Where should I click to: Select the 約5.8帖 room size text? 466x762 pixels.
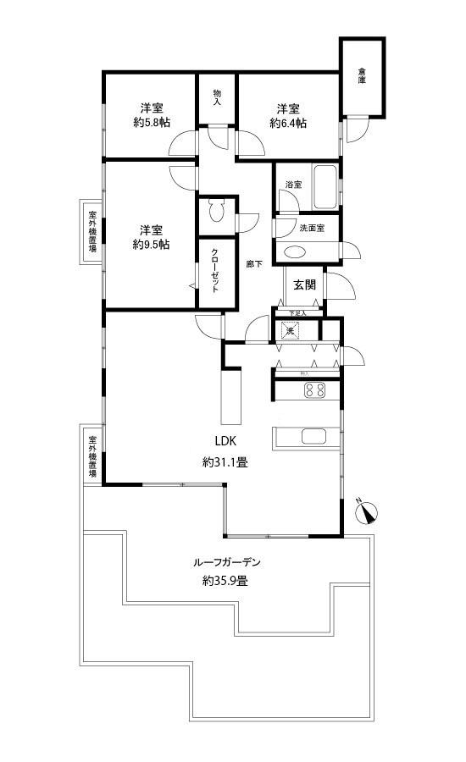[x=152, y=123]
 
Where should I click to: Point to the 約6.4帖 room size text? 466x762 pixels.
[x=288, y=123]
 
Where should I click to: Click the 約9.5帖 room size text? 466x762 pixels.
[x=152, y=245]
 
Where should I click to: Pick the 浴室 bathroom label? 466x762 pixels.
[x=293, y=185]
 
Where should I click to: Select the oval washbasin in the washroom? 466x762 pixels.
[x=297, y=251]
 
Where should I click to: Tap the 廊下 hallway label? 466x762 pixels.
[x=253, y=264]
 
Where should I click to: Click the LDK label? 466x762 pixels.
[x=225, y=441]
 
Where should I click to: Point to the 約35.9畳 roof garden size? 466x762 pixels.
[x=225, y=581]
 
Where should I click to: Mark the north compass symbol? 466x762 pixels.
[x=367, y=511]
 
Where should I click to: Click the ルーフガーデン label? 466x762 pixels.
[x=225, y=561]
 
